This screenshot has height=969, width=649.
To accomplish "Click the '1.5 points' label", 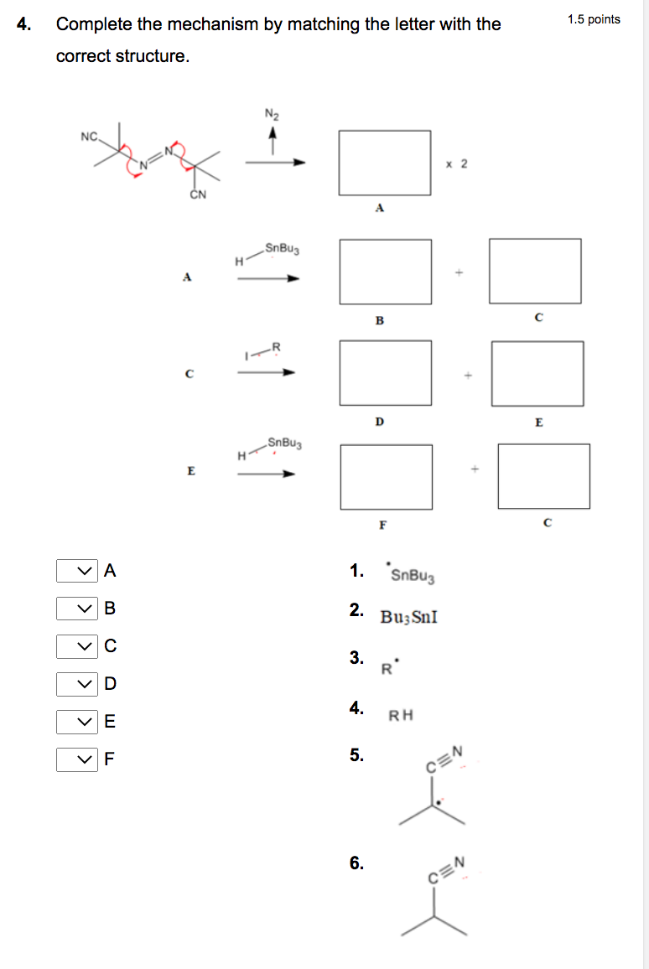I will (x=594, y=19).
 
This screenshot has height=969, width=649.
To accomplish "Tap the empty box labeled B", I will (x=385, y=272).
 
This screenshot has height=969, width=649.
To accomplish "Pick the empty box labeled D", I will (x=385, y=373).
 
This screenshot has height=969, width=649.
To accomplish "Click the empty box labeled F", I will (x=386, y=477).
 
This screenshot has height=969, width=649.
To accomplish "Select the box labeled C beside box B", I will (x=535, y=271).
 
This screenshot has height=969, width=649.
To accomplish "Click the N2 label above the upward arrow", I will (x=272, y=114).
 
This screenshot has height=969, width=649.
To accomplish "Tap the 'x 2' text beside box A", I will (x=457, y=163).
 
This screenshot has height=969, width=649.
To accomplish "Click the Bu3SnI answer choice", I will (x=408, y=618).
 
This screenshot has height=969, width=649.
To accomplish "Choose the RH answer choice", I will (x=401, y=716).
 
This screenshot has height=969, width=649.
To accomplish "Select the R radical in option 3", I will (x=387, y=667).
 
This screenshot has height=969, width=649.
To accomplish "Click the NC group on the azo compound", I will (x=90, y=137).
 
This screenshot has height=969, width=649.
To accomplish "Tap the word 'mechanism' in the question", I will (x=212, y=24).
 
